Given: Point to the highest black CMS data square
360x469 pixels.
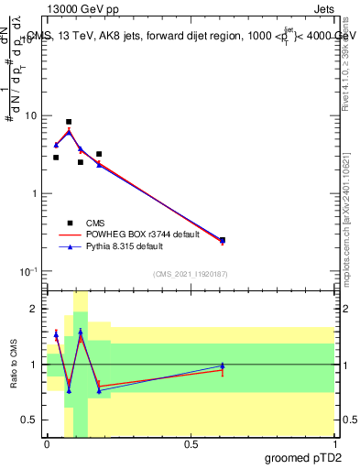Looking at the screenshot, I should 69,122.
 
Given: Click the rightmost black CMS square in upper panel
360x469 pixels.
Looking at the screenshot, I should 223,240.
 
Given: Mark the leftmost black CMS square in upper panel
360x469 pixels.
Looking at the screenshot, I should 56,158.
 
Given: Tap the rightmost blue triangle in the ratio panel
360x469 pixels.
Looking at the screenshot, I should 223,365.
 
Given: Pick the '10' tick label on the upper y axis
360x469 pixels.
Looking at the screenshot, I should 30,116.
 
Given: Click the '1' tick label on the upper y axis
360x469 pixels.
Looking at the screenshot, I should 33,194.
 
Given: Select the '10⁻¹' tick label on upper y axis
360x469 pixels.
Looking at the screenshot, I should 27,271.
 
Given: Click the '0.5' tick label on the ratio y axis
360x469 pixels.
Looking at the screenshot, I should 29,420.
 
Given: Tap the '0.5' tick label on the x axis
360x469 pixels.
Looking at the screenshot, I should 191,444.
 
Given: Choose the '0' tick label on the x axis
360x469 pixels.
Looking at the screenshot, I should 47,444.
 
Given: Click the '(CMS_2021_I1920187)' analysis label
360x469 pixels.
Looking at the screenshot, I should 190,274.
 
